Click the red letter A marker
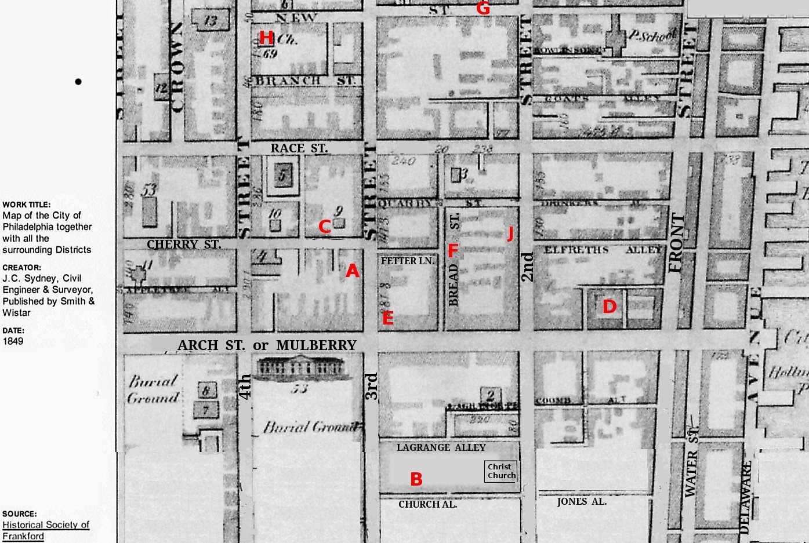353,271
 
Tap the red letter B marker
416,479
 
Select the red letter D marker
609,307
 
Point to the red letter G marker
483,9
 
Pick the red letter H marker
266,38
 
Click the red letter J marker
510,233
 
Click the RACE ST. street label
299,148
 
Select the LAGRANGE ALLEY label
441,447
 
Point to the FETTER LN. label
407,261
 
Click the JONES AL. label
581,502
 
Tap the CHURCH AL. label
427,504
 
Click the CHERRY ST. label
184,245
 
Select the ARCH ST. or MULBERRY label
267,345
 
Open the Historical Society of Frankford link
46,530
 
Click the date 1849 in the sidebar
13,341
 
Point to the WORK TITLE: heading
26,205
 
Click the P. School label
652,36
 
